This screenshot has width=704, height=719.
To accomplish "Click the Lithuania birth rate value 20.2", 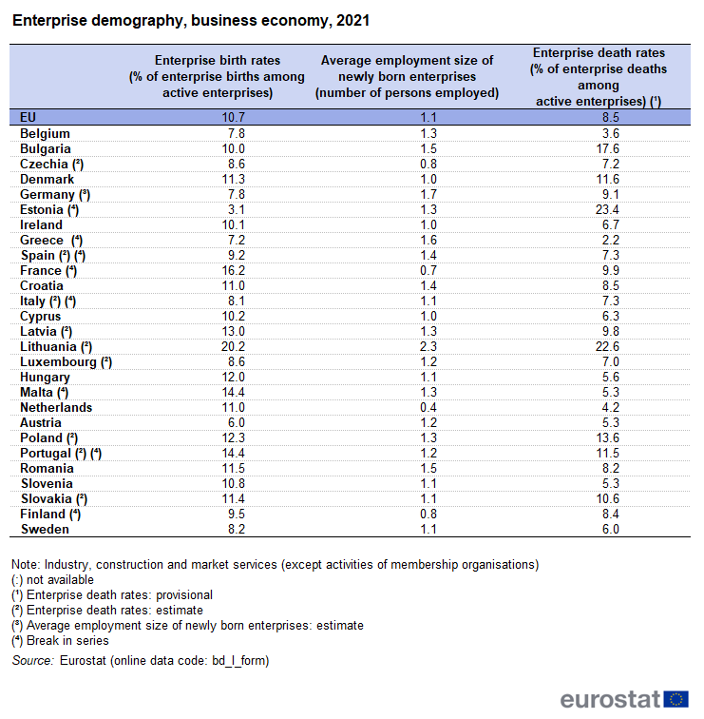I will [233, 347].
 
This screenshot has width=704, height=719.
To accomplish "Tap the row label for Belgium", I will [45, 134].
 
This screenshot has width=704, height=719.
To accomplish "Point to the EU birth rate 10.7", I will [233, 117].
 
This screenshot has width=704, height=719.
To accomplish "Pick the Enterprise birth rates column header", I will [217, 76].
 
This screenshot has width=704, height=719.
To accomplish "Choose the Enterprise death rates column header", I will [599, 76].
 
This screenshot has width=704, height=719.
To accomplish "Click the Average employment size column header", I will [407, 76].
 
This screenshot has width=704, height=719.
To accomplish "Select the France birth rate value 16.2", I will [233, 271].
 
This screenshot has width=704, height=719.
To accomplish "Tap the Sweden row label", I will [44, 530].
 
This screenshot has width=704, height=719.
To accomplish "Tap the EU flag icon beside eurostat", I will [676, 700].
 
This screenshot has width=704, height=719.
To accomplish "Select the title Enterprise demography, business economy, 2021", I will [191, 20].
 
